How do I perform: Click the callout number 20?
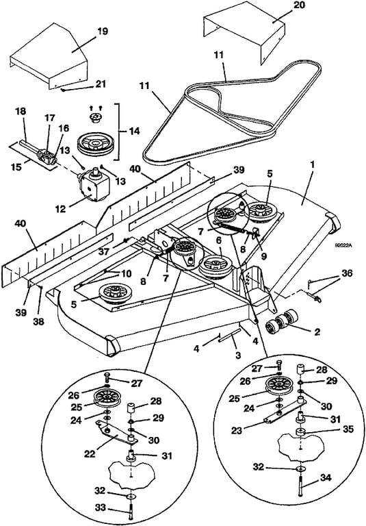point(300,5)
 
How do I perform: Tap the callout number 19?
point(103,32)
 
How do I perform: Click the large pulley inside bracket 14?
point(96,143)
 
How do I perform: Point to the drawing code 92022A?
point(343,245)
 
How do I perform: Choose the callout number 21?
point(101,84)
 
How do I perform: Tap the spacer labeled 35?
point(300,432)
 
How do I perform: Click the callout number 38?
point(39,322)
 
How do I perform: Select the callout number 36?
point(347,273)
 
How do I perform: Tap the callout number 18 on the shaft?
point(21,112)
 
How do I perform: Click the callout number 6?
point(219,240)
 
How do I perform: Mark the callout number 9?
point(264,256)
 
